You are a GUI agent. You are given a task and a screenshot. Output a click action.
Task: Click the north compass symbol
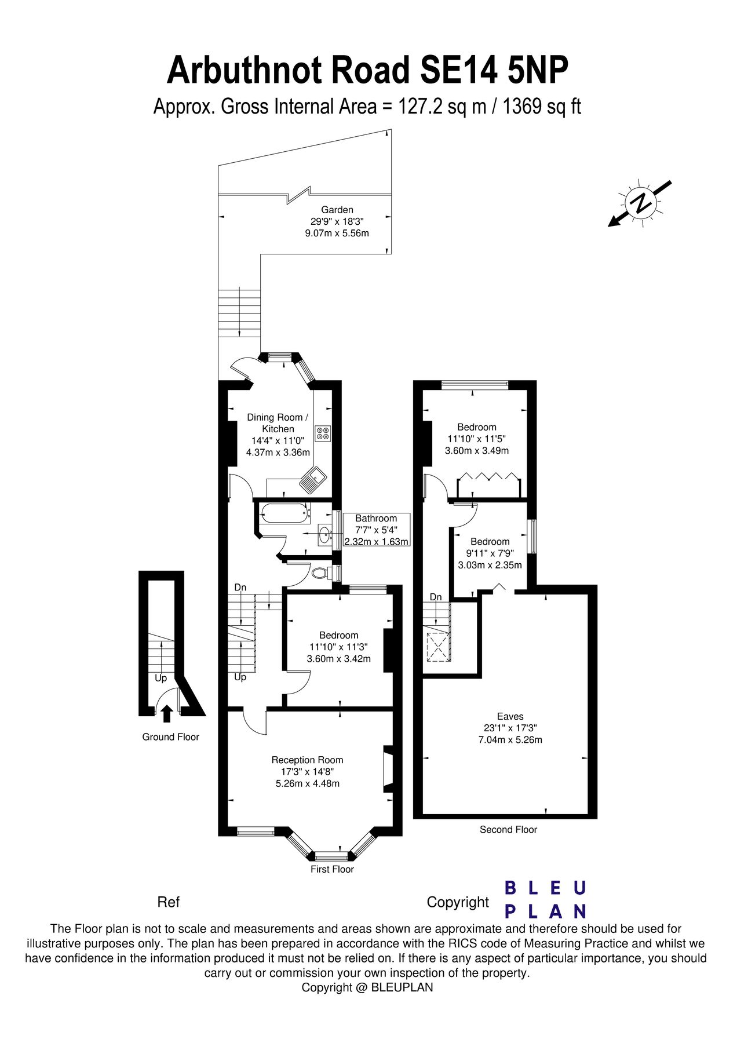click(641, 203)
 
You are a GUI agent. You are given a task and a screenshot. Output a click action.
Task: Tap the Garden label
click(337, 210)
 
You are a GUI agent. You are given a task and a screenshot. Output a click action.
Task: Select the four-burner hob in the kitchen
click(323, 433)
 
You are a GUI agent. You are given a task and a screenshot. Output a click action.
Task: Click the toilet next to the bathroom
click(320, 572)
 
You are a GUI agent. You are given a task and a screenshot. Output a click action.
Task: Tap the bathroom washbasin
click(324, 534)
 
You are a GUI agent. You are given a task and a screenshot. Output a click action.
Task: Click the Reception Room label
click(307, 760)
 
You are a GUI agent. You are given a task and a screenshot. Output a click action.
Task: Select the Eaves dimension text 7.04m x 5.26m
click(510, 739)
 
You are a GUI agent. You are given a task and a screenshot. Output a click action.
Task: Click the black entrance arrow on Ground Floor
click(167, 713)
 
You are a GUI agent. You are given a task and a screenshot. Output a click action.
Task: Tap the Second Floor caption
click(508, 829)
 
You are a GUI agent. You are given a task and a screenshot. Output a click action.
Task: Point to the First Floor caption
click(332, 869)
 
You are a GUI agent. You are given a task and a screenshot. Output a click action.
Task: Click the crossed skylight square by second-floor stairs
click(439, 647)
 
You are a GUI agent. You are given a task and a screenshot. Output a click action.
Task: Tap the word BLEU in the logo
click(545, 888)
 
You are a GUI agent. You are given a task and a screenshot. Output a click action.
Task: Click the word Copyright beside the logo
click(458, 902)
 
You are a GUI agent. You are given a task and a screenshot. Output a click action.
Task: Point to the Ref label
click(169, 902)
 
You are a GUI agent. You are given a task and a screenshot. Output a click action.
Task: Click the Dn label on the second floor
click(436, 597)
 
